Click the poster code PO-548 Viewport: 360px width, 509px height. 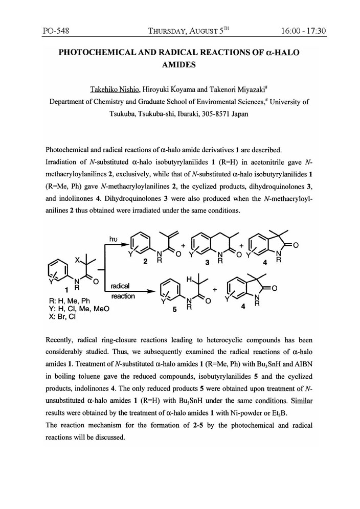(56, 31)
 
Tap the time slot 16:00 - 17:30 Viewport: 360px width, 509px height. (303, 31)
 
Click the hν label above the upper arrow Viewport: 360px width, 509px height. (114, 238)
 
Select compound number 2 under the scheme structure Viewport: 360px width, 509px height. (146, 262)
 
